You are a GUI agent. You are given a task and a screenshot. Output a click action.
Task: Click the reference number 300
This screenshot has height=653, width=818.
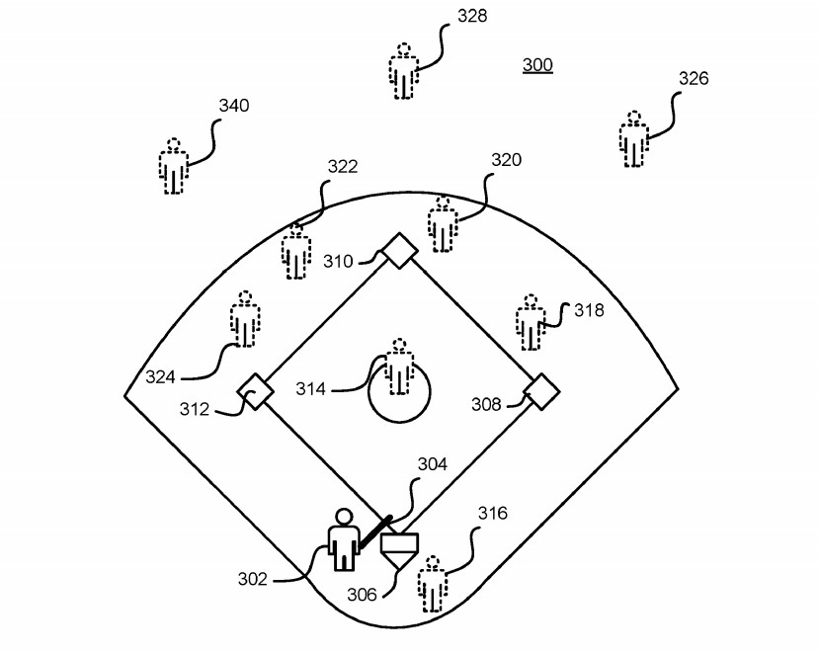click(x=537, y=65)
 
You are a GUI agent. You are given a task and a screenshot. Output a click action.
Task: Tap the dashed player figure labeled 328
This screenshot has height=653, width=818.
click(x=402, y=71)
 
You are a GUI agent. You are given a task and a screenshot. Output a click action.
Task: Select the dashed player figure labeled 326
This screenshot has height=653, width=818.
click(x=634, y=140)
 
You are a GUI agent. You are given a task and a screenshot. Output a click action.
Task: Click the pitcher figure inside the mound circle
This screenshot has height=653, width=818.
click(x=398, y=366)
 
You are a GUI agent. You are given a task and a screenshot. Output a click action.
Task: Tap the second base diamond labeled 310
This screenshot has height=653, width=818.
click(x=399, y=250)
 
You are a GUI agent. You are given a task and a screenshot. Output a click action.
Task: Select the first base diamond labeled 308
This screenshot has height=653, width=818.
click(x=541, y=391)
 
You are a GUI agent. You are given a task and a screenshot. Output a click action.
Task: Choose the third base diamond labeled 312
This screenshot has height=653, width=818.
click(x=255, y=391)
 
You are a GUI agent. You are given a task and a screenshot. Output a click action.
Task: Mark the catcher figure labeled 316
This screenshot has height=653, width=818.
click(x=432, y=584)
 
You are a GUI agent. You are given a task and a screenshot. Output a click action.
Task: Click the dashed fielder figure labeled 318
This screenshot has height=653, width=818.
click(x=532, y=321)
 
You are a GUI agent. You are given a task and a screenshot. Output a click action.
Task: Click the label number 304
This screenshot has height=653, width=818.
click(x=432, y=464)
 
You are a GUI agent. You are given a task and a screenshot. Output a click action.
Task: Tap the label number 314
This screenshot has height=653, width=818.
click(x=310, y=389)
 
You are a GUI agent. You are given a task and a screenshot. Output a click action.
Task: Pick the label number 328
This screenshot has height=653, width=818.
click(x=471, y=16)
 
